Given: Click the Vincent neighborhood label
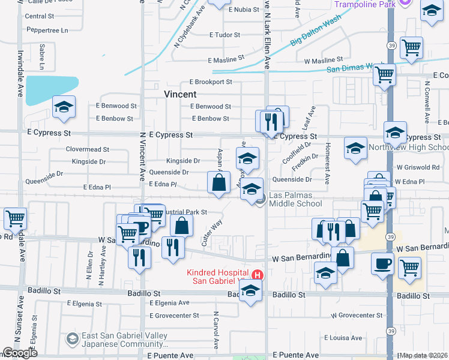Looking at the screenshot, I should [x=180, y=94].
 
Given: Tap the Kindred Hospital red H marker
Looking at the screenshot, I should [x=258, y=275].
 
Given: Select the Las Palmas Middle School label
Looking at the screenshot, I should [x=295, y=199].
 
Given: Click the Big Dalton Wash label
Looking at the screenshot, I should [x=315, y=34].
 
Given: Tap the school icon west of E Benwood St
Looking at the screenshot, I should [x=64, y=108].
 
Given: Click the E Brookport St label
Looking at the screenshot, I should [x=211, y=82].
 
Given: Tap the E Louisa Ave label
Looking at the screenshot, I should [x=343, y=338].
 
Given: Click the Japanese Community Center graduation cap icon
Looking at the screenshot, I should [x=73, y=339].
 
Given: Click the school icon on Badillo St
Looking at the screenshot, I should [x=250, y=292].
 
